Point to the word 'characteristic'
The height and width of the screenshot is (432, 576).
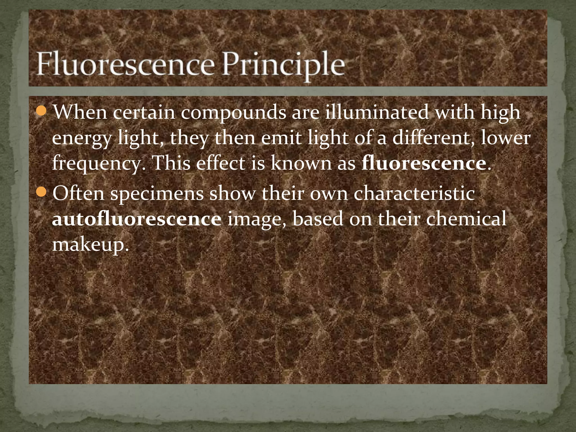pos(414,193)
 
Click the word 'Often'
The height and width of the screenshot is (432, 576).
pos(78,193)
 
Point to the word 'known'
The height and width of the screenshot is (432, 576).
pos(301,163)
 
